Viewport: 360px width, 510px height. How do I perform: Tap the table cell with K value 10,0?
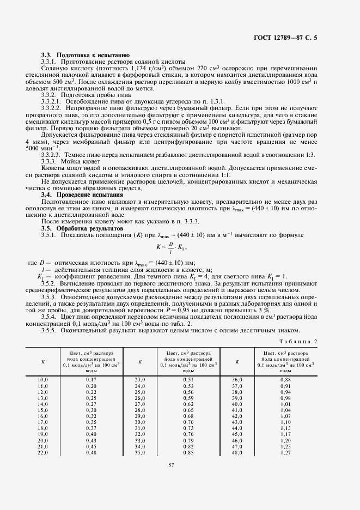pyautogui.click(x=42, y=379)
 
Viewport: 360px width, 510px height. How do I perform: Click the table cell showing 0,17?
pyautogui.click(x=91, y=379)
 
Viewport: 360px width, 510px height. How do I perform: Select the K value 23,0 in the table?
pyautogui.click(x=141, y=379)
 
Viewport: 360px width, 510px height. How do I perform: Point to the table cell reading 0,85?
pyautogui.click(x=188, y=452)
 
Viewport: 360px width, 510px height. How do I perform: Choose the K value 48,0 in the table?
pyautogui.click(x=237, y=452)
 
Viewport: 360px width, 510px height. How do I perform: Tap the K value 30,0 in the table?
pyautogui.click(x=141, y=422)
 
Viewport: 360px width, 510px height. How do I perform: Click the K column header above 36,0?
pyautogui.click(x=237, y=361)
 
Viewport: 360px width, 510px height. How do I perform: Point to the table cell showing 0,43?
pyautogui.click(x=91, y=440)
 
